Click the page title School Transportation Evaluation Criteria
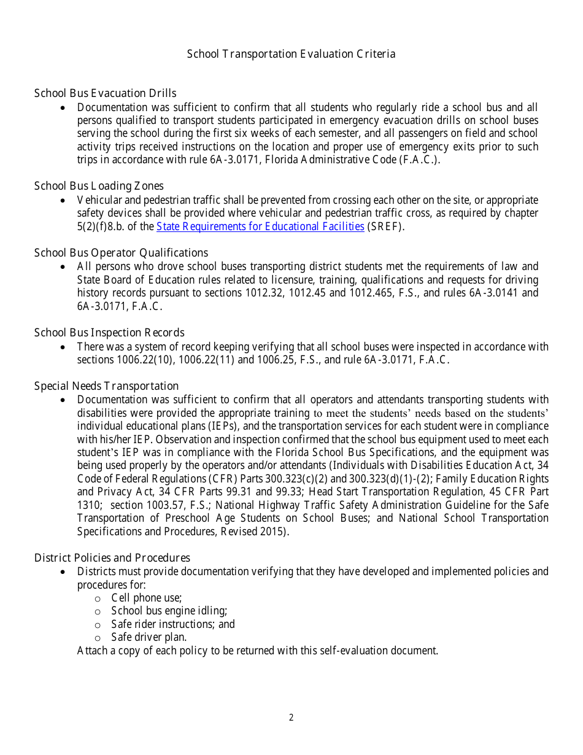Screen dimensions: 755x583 pos(291,54)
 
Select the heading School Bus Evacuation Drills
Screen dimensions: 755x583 pos(105,93)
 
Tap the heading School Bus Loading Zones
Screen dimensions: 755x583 pos(99,186)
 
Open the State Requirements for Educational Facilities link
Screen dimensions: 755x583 pos(260,226)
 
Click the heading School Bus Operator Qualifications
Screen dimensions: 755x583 pos(121,253)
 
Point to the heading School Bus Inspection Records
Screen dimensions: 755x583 pos(109,333)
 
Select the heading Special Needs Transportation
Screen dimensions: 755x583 pos(106,386)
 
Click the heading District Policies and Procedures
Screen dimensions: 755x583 pos(112,558)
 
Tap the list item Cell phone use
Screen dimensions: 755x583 pos(146,598)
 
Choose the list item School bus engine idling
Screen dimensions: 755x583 pos(169,611)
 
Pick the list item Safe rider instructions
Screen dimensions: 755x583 pos(172,624)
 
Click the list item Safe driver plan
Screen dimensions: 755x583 pos(149,637)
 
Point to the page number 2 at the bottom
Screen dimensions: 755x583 pos(291,718)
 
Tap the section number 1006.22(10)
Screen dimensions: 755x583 pos(145,360)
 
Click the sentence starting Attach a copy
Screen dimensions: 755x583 pos(257,651)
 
